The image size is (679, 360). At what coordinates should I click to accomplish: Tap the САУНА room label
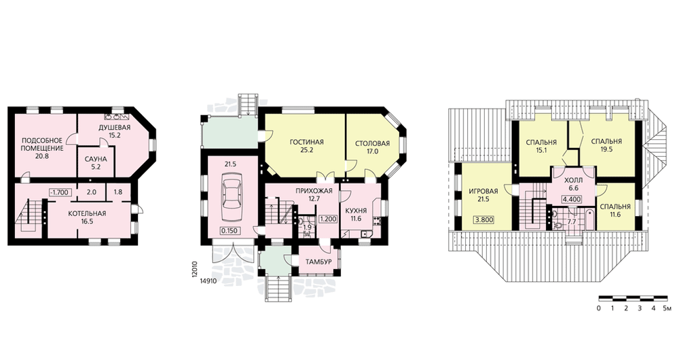[x=96, y=159]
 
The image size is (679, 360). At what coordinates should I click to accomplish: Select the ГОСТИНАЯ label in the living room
[x=307, y=142]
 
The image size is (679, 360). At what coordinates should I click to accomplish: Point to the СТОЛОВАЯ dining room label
[x=372, y=143]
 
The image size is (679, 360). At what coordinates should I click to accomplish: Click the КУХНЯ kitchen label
[x=356, y=211]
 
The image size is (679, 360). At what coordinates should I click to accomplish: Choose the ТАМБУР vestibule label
[x=318, y=262]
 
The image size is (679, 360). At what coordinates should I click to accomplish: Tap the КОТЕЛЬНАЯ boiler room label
[x=87, y=213]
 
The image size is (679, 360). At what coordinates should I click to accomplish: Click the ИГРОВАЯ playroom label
[x=483, y=191]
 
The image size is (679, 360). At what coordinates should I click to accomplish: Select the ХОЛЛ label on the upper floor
[x=574, y=180]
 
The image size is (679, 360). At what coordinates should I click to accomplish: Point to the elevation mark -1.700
[x=59, y=192]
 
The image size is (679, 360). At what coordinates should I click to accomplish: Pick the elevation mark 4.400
[x=572, y=200]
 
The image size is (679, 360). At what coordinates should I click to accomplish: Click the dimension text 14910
[x=208, y=281]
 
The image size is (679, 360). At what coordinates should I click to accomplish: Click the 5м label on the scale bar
[x=667, y=308]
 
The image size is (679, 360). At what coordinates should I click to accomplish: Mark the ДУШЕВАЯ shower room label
[x=114, y=128]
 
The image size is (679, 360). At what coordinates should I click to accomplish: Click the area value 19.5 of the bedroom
[x=606, y=149]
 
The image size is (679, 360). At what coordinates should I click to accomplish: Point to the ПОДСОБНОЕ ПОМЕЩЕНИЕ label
[x=42, y=144]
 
